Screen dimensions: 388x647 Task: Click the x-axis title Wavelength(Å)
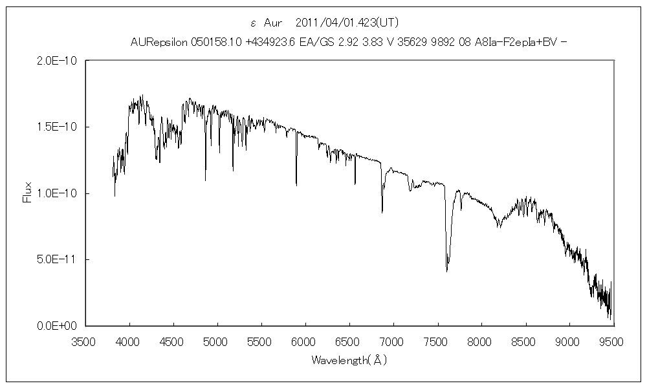[x=349, y=359]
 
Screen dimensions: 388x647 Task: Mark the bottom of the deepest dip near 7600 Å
[x=446, y=271]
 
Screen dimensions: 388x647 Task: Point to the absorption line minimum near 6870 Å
[x=382, y=211]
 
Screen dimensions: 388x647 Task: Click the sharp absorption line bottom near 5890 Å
[x=296, y=185]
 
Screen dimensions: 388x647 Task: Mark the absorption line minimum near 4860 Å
[x=205, y=180]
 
